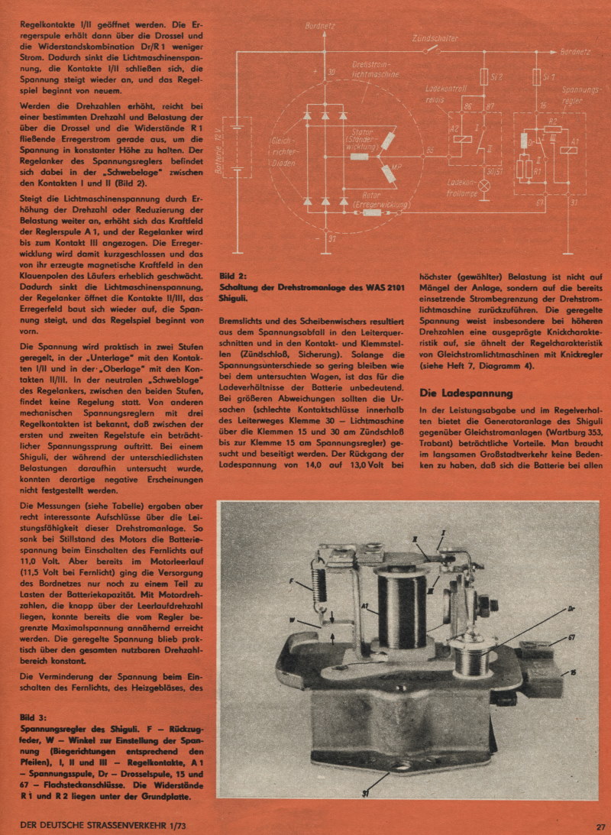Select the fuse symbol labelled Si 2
click(x=483, y=77)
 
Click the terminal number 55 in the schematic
click(x=430, y=150)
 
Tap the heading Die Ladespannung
click(x=467, y=393)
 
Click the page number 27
click(x=601, y=825)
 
